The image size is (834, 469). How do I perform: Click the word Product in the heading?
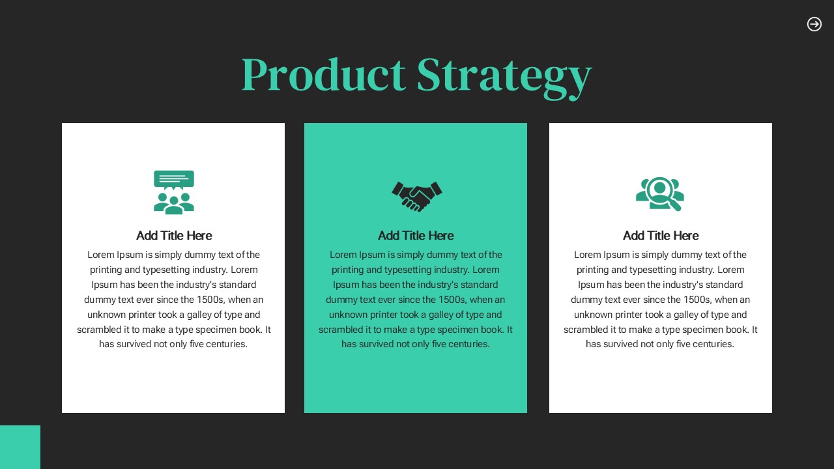(324, 74)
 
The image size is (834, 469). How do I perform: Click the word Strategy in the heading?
(504, 78)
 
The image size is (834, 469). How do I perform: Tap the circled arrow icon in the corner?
(814, 24)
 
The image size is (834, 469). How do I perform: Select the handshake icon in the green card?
(416, 196)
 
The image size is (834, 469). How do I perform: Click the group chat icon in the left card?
(174, 192)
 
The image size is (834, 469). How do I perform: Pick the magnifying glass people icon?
(660, 194)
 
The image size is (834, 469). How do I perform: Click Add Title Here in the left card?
(174, 236)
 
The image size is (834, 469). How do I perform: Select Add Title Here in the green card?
(416, 236)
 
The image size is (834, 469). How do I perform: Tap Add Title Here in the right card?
(661, 236)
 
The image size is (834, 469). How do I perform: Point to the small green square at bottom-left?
(20, 447)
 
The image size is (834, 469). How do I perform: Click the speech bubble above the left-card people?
(174, 180)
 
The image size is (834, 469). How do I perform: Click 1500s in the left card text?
(210, 300)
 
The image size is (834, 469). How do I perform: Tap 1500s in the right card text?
(697, 300)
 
